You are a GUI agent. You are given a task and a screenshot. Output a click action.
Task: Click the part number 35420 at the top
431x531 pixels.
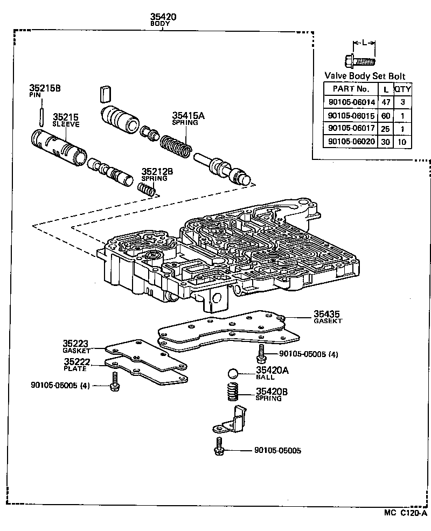coord(163,17)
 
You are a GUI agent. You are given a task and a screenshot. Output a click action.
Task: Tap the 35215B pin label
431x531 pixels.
coord(45,88)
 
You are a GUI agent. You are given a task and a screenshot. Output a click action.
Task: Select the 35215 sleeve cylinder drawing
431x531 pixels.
coord(58,146)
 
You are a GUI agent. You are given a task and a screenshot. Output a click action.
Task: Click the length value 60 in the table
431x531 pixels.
coord(385,115)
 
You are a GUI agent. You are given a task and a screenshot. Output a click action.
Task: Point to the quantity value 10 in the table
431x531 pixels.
coord(402,142)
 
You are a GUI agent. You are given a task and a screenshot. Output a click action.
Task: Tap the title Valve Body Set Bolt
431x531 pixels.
coord(365,76)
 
